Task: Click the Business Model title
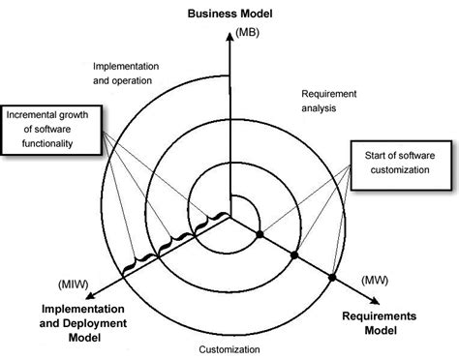coord(229,15)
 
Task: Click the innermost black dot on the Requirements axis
coord(260,235)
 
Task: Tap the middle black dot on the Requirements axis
coord(295,256)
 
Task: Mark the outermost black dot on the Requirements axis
coord(332,278)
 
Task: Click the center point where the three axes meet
coord(229,217)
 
